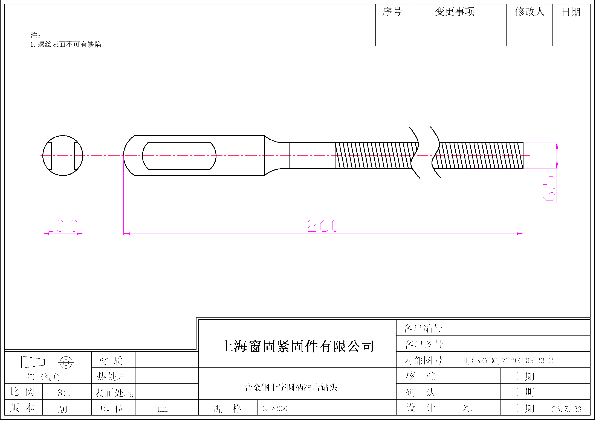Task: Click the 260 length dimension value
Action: (323, 226)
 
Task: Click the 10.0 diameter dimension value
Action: (63, 226)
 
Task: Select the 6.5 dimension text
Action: (549, 189)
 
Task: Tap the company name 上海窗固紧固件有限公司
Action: (297, 346)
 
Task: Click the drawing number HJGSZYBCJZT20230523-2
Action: (508, 361)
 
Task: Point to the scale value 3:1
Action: (65, 393)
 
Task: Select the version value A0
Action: (62, 409)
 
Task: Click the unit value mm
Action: (163, 409)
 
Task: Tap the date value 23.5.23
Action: (566, 409)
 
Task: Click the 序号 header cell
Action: (392, 12)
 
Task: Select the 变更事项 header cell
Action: (455, 12)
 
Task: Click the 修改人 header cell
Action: (530, 12)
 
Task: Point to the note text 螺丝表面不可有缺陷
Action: (69, 45)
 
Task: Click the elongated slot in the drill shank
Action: (179, 156)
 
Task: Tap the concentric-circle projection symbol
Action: (66, 363)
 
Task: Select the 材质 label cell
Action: (111, 361)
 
